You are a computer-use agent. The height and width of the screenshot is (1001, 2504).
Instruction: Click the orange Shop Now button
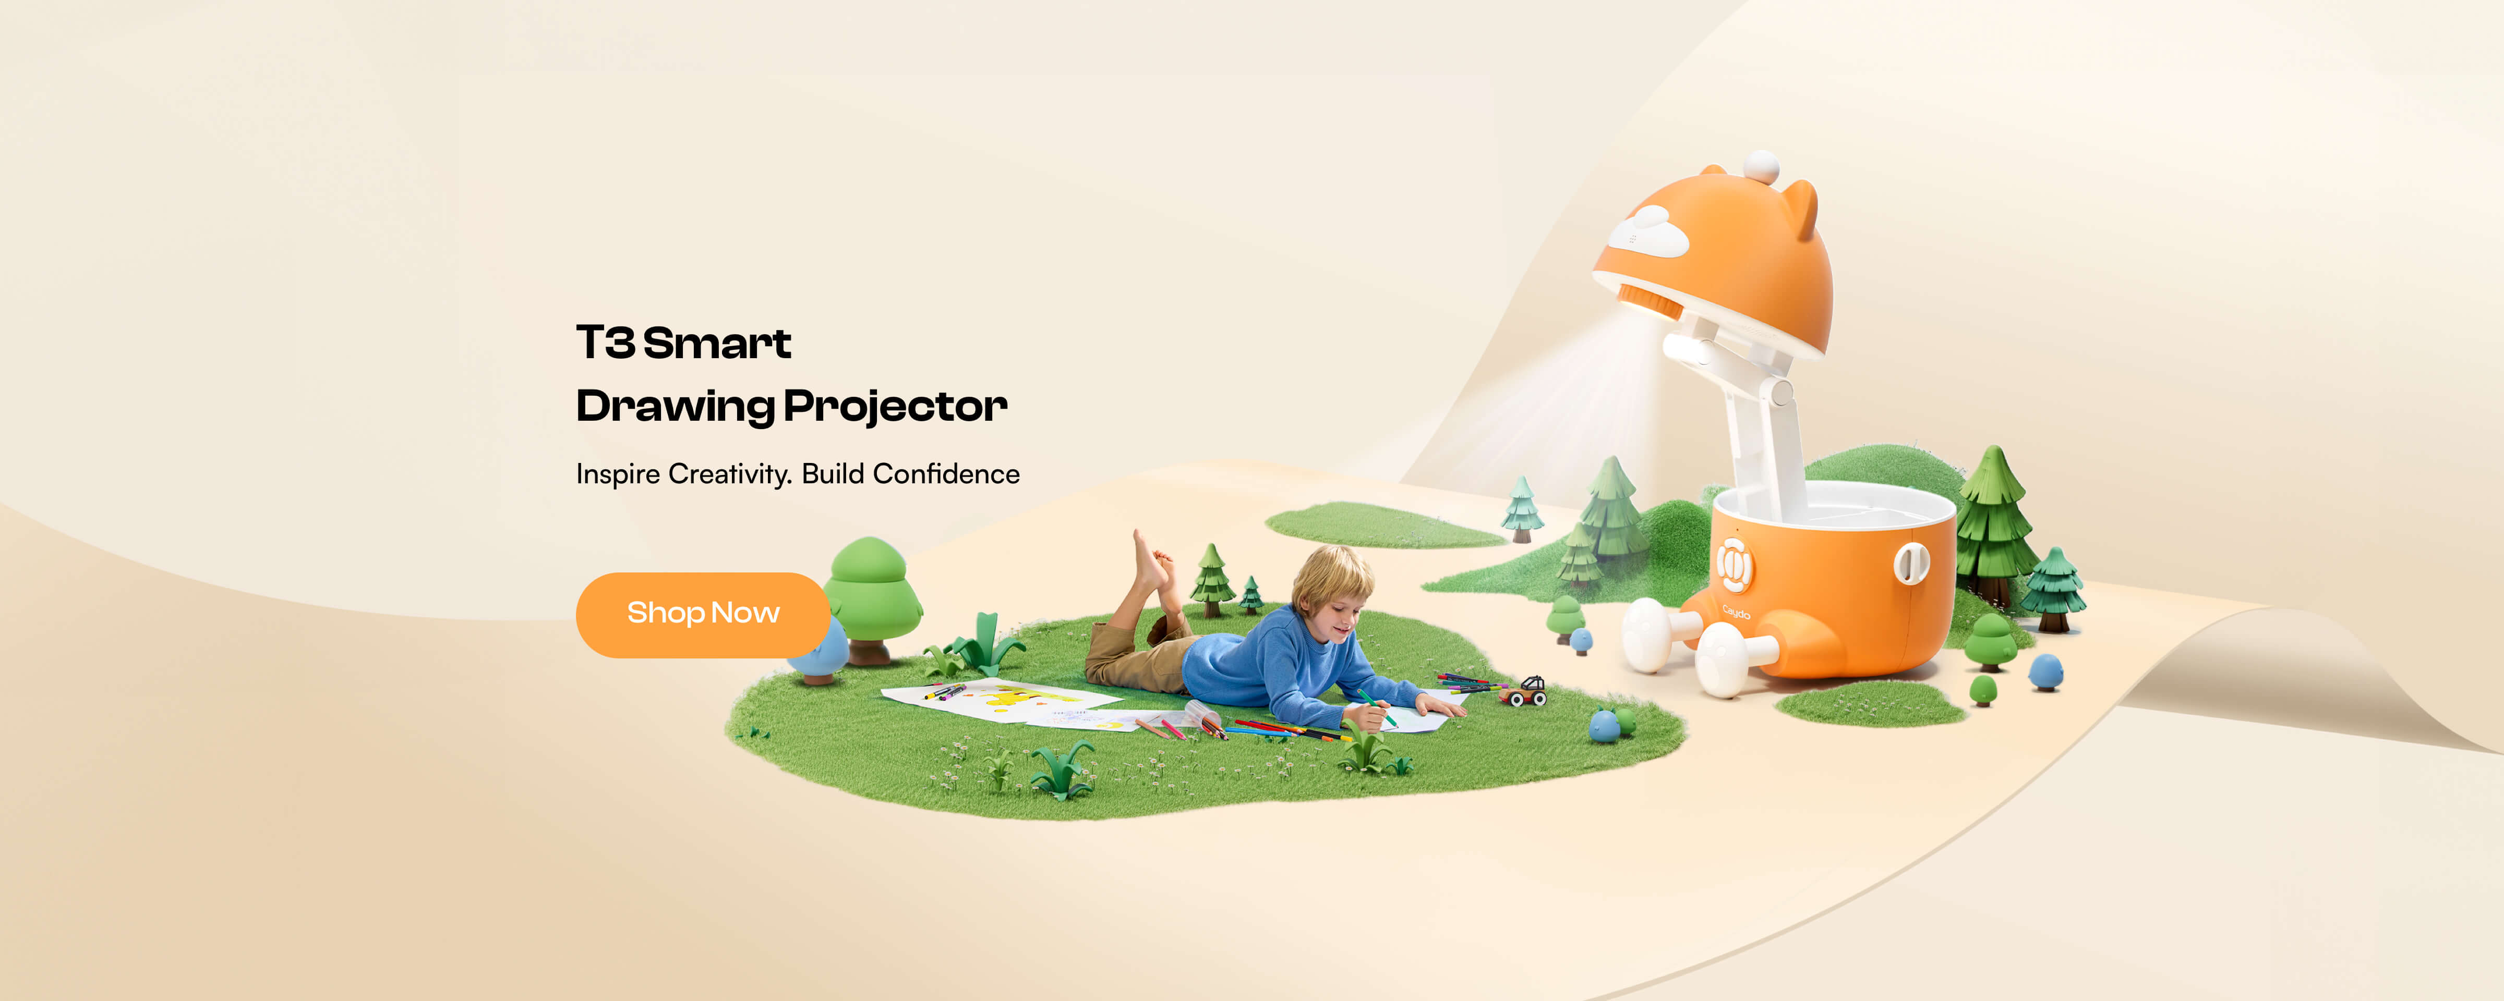pos(703,614)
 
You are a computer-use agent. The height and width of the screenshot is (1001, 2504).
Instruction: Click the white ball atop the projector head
pos(1761,165)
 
